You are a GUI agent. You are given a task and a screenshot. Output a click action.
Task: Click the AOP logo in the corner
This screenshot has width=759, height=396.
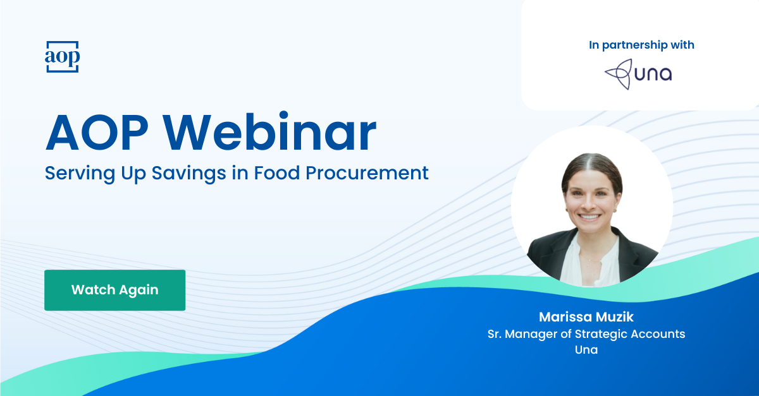(62, 57)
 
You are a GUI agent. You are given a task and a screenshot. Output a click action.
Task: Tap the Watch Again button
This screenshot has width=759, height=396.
(114, 290)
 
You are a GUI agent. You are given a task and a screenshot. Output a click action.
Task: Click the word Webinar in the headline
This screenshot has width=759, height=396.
(275, 134)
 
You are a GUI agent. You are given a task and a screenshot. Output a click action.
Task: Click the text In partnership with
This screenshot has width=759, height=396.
(641, 45)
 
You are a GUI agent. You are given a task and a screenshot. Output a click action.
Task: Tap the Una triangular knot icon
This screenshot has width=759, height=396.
(618, 75)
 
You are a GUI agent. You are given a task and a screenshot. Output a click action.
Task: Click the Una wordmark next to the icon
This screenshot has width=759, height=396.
(655, 75)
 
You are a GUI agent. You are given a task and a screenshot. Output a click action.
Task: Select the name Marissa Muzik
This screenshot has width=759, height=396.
(586, 316)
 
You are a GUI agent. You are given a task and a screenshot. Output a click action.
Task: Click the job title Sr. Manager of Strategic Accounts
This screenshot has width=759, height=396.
(586, 333)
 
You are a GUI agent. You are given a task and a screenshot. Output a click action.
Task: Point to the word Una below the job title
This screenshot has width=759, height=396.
(586, 349)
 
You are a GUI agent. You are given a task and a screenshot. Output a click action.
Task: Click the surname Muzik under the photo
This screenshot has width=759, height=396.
(613, 316)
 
